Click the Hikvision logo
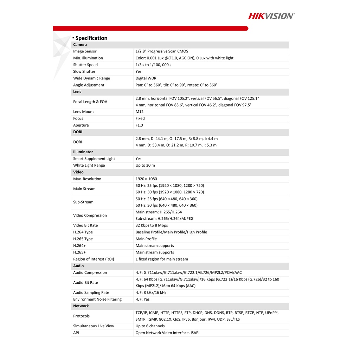pyautogui.click(x=271, y=16)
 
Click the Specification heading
pyautogui.click(x=91, y=38)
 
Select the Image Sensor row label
pyautogui.click(x=85, y=51)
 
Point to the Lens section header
pyautogui.click(x=77, y=92)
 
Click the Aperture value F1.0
pyautogui.click(x=139, y=125)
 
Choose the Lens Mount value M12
pyautogui.click(x=140, y=112)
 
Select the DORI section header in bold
pyautogui.click(x=78, y=132)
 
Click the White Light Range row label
pyautogui.click(x=89, y=165)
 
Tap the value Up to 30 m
pyautogui.click(x=145, y=165)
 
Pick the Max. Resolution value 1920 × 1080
pyautogui.click(x=146, y=179)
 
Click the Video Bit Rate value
pyautogui.click(x=152, y=225)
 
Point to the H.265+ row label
pyautogui.click(x=79, y=252)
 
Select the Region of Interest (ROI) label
pyautogui.click(x=94, y=259)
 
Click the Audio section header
pyautogui.click(x=78, y=266)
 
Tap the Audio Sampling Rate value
pyautogui.click(x=151, y=292)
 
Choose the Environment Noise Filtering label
pyautogui.click(x=97, y=300)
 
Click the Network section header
pyautogui.click(x=81, y=306)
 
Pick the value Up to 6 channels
pyautogui.click(x=150, y=326)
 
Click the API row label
pyautogui.click(x=76, y=333)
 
